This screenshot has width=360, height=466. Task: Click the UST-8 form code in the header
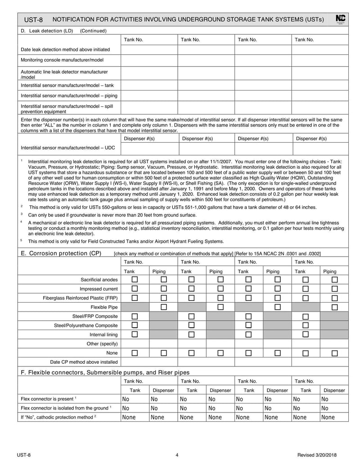[33, 20]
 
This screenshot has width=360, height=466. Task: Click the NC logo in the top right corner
[341, 19]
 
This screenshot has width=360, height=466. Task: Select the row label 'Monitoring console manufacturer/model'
[62, 59]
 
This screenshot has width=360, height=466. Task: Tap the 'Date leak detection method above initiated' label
[65, 50]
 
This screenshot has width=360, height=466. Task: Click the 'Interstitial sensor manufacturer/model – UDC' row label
[65, 147]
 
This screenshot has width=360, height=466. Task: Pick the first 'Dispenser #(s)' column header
[139, 139]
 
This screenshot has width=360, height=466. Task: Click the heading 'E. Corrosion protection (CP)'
[61, 253]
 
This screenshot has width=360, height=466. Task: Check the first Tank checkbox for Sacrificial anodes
[135, 280]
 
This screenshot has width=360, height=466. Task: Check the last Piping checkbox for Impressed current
[334, 289]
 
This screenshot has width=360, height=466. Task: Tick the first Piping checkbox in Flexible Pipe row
[164, 307]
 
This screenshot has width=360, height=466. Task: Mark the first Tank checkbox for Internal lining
[135, 335]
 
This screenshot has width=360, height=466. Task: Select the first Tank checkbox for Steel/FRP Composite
[135, 316]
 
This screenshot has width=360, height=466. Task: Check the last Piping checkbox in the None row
[334, 353]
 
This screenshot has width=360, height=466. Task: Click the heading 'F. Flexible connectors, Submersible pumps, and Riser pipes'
[105, 372]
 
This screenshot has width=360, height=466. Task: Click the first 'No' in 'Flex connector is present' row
[126, 399]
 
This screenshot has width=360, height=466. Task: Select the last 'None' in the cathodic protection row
[328, 417]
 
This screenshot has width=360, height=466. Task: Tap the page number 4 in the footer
[177, 455]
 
